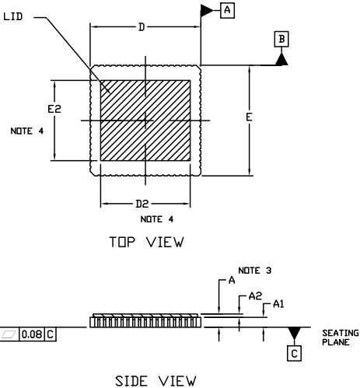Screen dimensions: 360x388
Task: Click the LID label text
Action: [13, 16]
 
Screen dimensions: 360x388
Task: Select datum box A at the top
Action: [227, 10]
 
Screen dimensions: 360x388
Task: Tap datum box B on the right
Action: [281, 39]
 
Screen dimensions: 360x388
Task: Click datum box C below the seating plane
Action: [294, 353]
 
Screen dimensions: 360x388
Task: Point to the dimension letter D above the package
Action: [142, 27]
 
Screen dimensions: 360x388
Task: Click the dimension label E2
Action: [54, 109]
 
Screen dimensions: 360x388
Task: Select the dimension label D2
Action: [142, 204]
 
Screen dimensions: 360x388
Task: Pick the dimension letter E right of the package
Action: [249, 117]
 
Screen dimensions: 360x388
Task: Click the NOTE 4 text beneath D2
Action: [157, 219]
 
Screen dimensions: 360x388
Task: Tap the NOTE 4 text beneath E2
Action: [27, 131]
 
